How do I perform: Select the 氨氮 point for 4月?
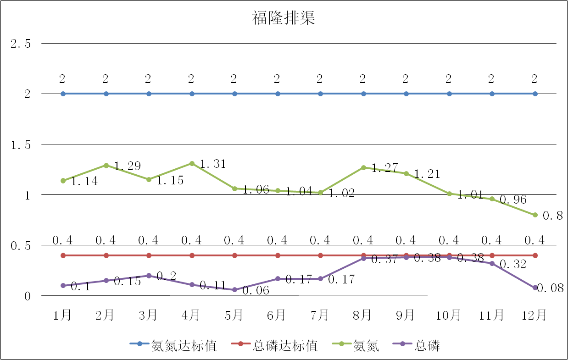click(192, 163)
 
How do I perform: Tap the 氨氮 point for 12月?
click(535, 215)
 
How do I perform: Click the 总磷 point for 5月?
click(234, 290)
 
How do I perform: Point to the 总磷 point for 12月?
click(535, 288)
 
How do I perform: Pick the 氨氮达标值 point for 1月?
click(63, 94)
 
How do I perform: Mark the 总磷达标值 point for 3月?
click(149, 255)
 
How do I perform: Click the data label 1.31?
click(213, 164)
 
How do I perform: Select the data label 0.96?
click(513, 200)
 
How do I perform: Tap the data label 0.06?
click(255, 291)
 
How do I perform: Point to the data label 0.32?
click(513, 265)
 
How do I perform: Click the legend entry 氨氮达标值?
click(184, 346)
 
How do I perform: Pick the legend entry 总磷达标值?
click(285, 346)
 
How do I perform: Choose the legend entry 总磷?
click(427, 346)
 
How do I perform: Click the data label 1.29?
click(127, 166)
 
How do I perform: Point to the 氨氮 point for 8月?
click(363, 167)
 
